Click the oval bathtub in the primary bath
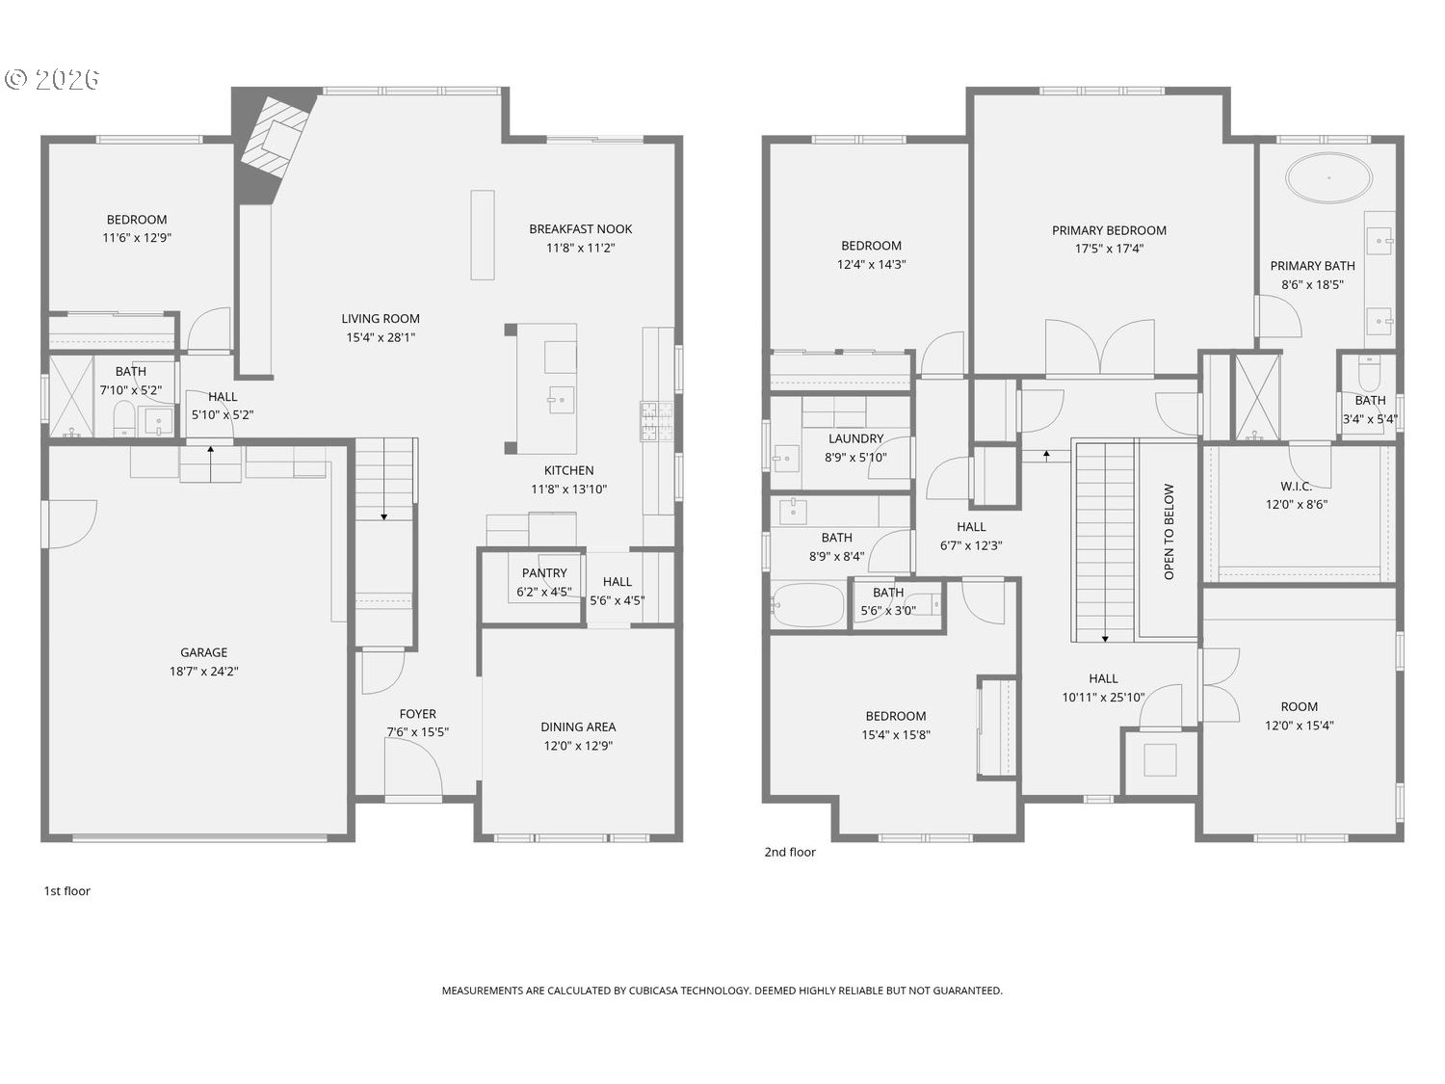(x=1328, y=177)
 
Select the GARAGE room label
(x=203, y=652)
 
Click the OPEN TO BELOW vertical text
(x=1169, y=532)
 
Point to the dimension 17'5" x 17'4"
(x=1109, y=249)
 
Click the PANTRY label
(x=543, y=572)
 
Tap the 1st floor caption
(x=67, y=891)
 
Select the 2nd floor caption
(x=789, y=852)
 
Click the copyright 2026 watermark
(x=52, y=80)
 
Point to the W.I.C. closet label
(x=1296, y=486)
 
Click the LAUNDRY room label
(x=855, y=438)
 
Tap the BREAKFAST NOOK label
(x=580, y=229)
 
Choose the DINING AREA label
(x=578, y=727)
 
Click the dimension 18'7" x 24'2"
(x=203, y=672)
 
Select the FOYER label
(x=417, y=713)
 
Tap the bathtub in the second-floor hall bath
(x=807, y=605)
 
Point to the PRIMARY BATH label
(x=1312, y=266)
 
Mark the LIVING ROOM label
(x=381, y=319)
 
